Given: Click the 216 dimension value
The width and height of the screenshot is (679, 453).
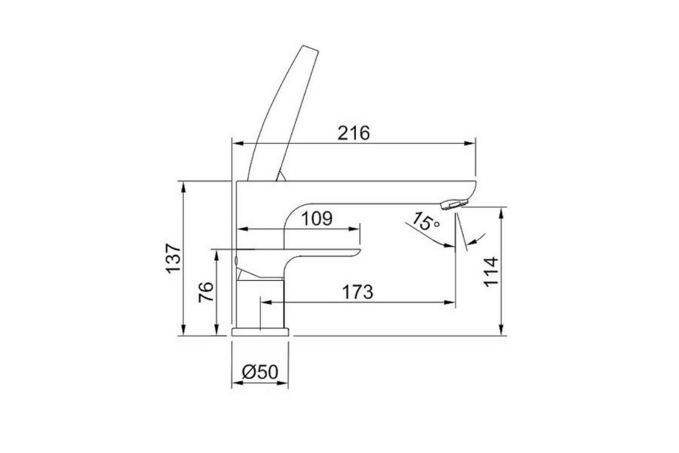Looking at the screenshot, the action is click(x=354, y=133).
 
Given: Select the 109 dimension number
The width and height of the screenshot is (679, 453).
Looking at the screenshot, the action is click(x=317, y=219).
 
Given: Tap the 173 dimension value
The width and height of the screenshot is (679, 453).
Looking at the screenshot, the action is click(x=358, y=292).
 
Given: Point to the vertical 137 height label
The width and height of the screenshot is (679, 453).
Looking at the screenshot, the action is click(x=173, y=258).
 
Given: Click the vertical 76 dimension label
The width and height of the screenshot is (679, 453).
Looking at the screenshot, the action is click(x=206, y=292).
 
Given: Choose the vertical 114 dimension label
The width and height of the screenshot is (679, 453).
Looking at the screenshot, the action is click(x=491, y=272).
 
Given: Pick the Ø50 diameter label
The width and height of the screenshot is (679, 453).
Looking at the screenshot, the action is click(x=260, y=372).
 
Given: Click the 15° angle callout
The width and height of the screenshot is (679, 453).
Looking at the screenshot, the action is click(x=426, y=221).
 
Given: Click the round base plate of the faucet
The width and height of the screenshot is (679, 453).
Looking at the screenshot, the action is click(x=260, y=332).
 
